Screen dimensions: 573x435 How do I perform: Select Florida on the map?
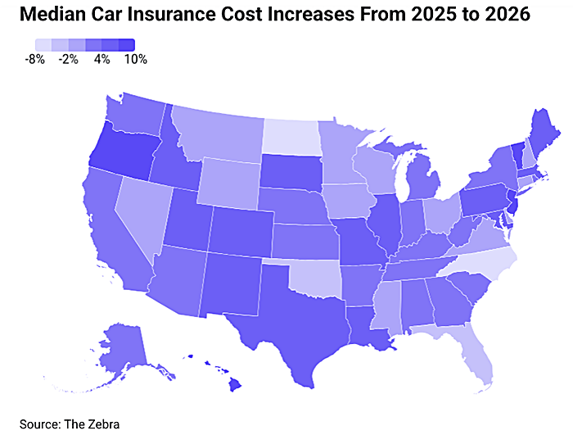pyautogui.click(x=471, y=351)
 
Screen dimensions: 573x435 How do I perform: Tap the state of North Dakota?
pyautogui.click(x=291, y=136)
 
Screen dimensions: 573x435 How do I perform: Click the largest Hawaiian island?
pyautogui.click(x=236, y=385)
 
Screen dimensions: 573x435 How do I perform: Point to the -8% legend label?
pyautogui.click(x=34, y=59)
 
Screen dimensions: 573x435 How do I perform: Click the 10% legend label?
pyautogui.click(x=136, y=59)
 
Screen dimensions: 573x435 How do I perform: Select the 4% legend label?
pyautogui.click(x=102, y=59)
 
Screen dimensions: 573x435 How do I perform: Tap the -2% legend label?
pyautogui.click(x=68, y=59)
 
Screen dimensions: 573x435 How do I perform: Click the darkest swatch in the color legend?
pyautogui.click(x=127, y=45)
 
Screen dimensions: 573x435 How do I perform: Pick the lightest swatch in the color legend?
pyautogui.click(x=43, y=45)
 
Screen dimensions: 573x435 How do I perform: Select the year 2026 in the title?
pyautogui.click(x=508, y=14)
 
